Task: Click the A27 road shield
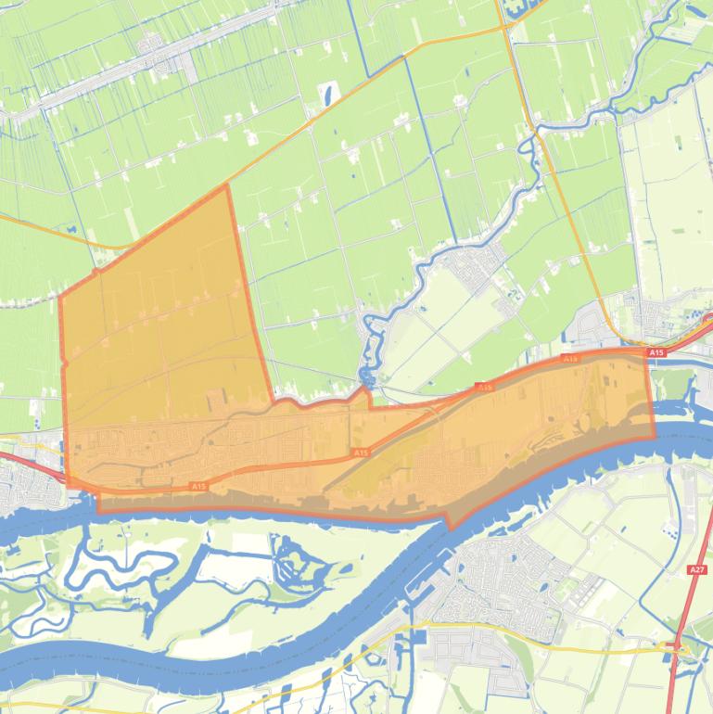click(x=696, y=568)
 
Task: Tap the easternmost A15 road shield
click(x=656, y=353)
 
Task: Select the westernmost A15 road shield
click(x=197, y=486)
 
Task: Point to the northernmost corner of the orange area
click(x=226, y=185)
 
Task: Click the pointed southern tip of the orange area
click(x=452, y=529)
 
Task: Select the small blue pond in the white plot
click(x=327, y=93)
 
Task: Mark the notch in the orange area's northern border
click(x=370, y=399)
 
